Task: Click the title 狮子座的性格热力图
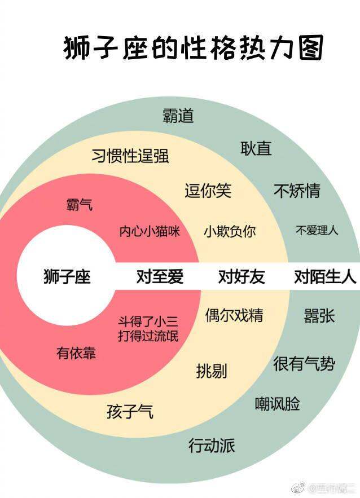coord(193,49)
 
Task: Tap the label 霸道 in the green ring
coord(178,116)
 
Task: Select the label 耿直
coord(256,148)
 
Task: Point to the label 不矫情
coord(297,191)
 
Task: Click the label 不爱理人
coord(317,230)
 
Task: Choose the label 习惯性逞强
coord(130,156)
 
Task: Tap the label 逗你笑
coord(208,191)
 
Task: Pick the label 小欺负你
coord(230,232)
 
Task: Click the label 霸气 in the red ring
coord(80,204)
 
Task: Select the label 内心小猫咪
coord(150,231)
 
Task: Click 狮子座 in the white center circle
coord(67,276)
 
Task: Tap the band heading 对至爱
coord(160,276)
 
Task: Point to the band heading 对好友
coord(242,276)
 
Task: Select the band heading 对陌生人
coord(325,276)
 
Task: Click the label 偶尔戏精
coord(234,315)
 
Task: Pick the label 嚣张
coord(319,316)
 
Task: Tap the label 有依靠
coord(76,353)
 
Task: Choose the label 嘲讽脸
coord(278,404)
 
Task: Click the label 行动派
coord(212,446)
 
